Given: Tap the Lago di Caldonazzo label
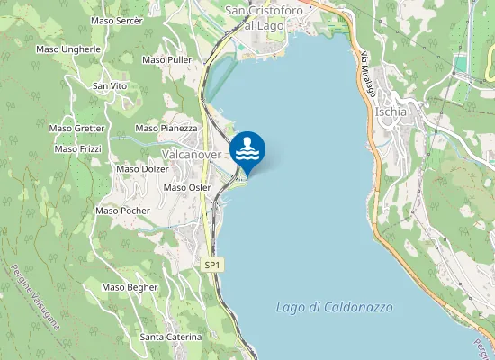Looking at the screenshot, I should pos(334,307).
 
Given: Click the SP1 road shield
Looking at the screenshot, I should pos(212,265).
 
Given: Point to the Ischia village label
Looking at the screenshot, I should pos(392,112).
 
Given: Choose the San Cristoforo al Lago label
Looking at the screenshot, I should pos(265,18).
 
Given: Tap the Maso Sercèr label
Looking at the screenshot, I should pos(117,20).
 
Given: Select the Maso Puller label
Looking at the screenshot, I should pos(167,59).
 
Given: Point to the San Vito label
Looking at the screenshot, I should pos(110,85).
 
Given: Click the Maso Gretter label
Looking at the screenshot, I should pos(76,128).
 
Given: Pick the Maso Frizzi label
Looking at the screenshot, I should pos(77,148).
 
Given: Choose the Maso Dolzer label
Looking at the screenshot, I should pos(142,168).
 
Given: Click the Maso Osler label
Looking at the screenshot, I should pos(187,187).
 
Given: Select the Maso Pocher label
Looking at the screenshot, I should pos(122,211).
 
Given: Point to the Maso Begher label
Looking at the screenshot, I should pos(130,287).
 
